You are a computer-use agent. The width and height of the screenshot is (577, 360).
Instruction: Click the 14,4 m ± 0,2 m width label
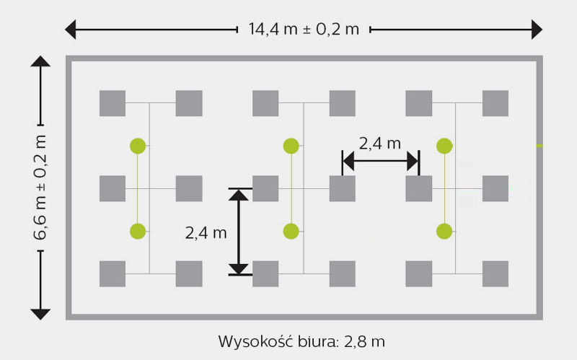(x=304, y=29)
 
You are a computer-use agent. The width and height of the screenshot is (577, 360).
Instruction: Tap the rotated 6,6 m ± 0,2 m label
(x=40, y=188)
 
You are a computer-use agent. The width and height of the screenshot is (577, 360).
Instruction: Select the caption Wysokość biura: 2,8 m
(x=301, y=341)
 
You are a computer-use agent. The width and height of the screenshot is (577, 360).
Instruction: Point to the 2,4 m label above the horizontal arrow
(x=380, y=143)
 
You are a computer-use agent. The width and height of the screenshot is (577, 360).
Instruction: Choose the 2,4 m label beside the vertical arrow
(x=206, y=233)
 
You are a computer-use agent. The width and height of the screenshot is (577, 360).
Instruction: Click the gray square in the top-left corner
(x=113, y=103)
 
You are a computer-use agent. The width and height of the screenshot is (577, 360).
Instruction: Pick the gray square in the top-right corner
(x=495, y=103)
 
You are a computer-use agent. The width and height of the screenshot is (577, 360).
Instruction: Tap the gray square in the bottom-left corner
(x=113, y=274)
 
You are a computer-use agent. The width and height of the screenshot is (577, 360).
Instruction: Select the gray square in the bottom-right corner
(x=495, y=274)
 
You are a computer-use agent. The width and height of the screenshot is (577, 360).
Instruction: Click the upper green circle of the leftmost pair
(x=138, y=146)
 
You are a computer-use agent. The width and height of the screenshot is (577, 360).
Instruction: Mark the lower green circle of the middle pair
(x=291, y=231)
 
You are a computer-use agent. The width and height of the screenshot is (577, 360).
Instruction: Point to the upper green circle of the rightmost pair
(x=444, y=146)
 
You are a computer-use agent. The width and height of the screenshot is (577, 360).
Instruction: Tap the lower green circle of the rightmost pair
(x=444, y=231)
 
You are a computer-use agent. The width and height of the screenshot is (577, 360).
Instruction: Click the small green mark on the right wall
(x=539, y=146)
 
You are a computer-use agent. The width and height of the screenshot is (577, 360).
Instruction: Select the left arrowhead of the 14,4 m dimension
(x=70, y=30)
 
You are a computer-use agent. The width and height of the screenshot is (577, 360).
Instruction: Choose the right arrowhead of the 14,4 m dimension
(x=537, y=30)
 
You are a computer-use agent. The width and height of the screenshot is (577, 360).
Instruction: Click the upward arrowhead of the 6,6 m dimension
(x=40, y=61)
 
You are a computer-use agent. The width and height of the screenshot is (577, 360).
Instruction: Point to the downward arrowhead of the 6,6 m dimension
(x=40, y=315)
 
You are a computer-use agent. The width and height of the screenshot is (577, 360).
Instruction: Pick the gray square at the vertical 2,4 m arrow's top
(x=265, y=188)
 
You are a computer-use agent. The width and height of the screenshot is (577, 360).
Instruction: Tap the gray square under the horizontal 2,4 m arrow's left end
(x=342, y=188)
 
